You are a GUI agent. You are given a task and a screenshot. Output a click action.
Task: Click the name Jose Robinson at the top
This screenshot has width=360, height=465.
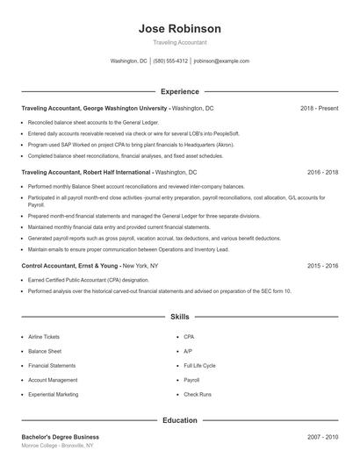coord(180,28)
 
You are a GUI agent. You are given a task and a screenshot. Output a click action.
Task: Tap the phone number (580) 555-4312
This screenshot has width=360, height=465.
coord(170,61)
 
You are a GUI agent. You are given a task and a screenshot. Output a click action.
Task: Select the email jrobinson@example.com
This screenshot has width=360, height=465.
coord(221,61)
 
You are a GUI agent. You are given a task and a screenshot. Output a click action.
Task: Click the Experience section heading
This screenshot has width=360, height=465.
coord(180,91)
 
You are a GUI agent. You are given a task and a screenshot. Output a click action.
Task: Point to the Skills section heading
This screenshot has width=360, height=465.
coord(180,316)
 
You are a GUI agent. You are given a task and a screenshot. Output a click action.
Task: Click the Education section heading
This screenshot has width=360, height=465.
coord(180,420)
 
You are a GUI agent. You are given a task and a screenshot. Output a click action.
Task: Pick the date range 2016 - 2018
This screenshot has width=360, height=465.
coord(322,173)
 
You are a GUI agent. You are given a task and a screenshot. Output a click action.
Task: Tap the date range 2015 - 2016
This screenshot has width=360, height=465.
coord(322,264)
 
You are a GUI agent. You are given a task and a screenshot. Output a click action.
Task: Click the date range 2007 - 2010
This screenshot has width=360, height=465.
coord(322,436)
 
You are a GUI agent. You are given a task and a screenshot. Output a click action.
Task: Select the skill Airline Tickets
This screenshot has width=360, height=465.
coord(44,336)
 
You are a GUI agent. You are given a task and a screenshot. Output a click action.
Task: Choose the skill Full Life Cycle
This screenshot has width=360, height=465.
coord(199,365)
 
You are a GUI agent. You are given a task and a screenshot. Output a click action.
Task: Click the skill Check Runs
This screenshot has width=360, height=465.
coord(198,394)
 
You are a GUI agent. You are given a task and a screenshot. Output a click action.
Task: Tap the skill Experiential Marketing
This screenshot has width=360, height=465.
coord(53,394)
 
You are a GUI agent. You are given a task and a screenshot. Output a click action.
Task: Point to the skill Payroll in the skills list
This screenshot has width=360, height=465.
coord(191,380)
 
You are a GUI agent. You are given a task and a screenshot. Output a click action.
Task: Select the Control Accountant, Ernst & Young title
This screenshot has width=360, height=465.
coord(70,264)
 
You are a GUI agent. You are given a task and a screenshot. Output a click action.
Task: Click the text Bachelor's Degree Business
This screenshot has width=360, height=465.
coord(60,436)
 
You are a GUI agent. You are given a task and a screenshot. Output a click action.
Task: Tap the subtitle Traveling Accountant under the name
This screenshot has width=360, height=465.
coord(180,43)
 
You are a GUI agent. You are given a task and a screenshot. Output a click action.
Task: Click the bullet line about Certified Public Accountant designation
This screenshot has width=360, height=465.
coord(88,280)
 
